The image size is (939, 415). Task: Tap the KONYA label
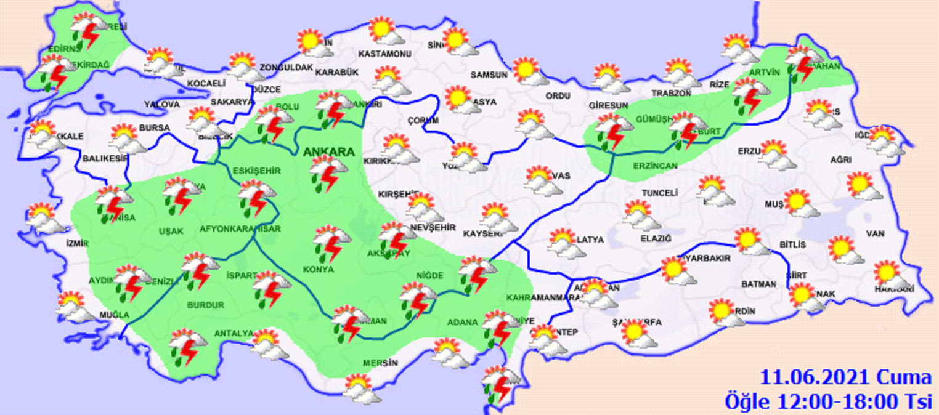pyautogui.click(x=318, y=269)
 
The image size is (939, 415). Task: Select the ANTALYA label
pyautogui.click(x=233, y=333)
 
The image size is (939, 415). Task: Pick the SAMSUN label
pyautogui.click(x=489, y=75)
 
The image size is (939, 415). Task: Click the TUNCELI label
pyautogui.click(x=660, y=193)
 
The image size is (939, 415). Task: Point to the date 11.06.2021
pyautogui.click(x=811, y=377)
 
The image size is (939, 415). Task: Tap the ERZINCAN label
pyautogui.click(x=656, y=166)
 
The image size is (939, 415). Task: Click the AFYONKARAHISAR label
pyautogui.click(x=240, y=229)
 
